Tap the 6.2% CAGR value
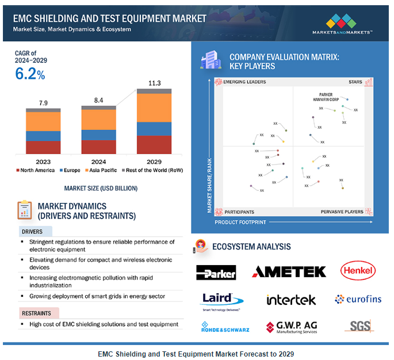click(30, 74)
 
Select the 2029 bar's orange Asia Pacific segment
click(154, 108)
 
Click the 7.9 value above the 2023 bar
click(43, 103)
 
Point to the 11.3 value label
click(154, 83)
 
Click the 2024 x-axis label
click(98, 161)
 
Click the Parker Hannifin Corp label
click(331, 97)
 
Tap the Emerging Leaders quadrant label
click(244, 82)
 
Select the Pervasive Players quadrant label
click(342, 212)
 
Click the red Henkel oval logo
click(358, 270)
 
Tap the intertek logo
click(291, 300)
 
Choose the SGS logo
click(359, 326)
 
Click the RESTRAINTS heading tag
click(36, 313)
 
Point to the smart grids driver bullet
click(97, 296)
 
